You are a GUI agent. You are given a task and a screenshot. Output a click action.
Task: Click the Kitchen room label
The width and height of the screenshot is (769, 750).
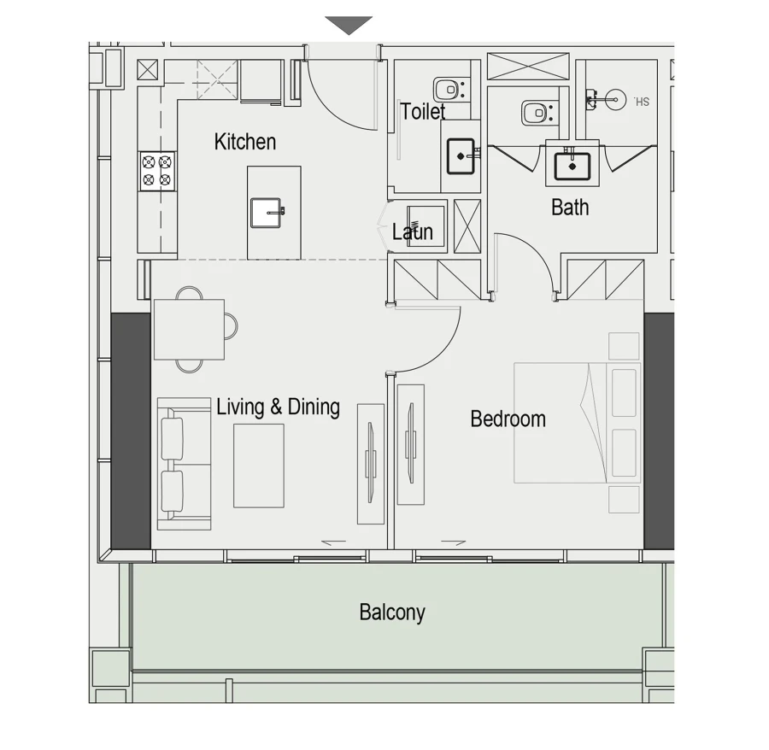(x=244, y=142)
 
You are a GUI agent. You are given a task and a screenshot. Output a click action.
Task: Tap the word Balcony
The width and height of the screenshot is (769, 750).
(x=392, y=612)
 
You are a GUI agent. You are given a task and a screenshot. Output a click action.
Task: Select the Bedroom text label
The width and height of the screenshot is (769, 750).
(x=508, y=419)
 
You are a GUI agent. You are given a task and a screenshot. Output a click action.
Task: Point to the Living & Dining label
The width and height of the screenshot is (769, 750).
(x=278, y=407)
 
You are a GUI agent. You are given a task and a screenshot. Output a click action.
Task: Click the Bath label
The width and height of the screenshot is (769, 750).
(x=570, y=208)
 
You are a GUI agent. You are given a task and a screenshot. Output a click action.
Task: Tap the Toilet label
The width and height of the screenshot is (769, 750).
(x=423, y=112)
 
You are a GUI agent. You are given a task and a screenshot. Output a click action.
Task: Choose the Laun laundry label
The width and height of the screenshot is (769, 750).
(x=413, y=231)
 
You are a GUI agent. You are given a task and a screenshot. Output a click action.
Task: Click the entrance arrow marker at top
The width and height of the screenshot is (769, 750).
(x=349, y=26)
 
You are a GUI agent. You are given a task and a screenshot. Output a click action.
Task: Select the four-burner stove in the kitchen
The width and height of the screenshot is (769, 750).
(x=157, y=171)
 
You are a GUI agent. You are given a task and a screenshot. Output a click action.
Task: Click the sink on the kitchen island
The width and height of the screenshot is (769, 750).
(x=267, y=212)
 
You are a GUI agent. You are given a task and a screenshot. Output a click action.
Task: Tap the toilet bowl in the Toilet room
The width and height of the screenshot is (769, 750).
(x=448, y=88)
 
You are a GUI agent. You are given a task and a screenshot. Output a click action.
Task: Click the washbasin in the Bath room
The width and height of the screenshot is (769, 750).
(x=572, y=163)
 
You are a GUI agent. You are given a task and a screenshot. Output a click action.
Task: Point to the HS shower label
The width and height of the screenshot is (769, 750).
(x=643, y=102)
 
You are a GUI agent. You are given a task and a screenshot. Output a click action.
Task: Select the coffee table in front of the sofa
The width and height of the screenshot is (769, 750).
(x=259, y=466)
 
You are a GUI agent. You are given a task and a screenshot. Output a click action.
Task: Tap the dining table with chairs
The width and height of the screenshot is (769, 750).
(x=189, y=329)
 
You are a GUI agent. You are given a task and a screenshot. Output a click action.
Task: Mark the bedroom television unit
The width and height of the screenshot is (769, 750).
(x=411, y=454)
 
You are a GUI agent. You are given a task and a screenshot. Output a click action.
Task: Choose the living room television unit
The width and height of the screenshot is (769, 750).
(x=371, y=463)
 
